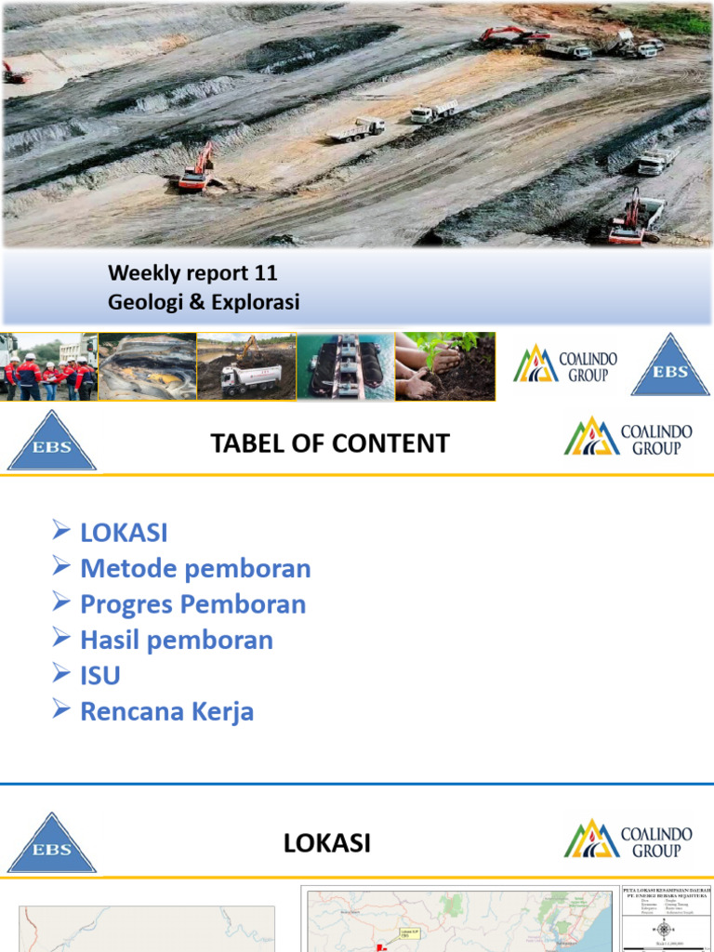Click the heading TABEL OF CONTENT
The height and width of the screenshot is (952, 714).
click(x=330, y=443)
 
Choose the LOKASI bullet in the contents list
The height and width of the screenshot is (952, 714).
click(x=124, y=534)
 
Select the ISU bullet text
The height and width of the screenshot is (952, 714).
click(x=100, y=675)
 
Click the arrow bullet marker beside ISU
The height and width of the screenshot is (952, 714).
click(x=61, y=673)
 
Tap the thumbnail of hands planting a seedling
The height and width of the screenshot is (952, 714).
click(x=444, y=366)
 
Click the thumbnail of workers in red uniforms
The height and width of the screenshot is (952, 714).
click(x=48, y=366)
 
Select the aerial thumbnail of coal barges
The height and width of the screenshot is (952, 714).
click(x=345, y=366)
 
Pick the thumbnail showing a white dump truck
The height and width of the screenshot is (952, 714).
click(x=246, y=366)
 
